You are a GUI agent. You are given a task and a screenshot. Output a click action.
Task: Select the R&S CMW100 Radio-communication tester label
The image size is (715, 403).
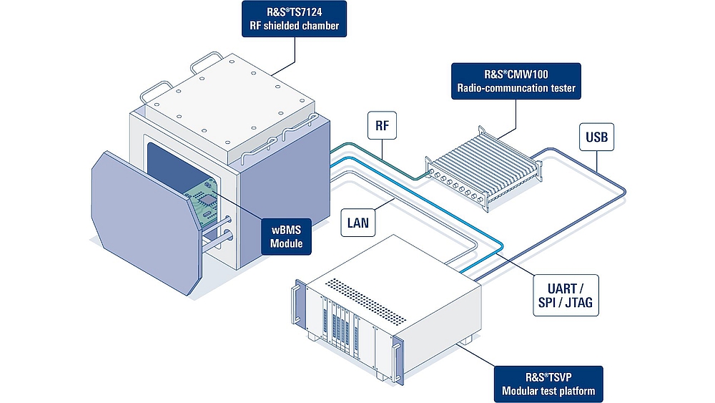516,81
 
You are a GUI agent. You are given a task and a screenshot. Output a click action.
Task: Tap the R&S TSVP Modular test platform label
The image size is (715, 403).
548,384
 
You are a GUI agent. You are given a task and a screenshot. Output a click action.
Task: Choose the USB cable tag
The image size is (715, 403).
596,137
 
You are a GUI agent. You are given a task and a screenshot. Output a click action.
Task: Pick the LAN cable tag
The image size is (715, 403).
357,223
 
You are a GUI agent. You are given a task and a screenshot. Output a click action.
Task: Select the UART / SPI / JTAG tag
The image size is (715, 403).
563,295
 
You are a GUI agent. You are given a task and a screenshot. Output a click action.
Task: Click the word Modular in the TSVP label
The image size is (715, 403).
526,392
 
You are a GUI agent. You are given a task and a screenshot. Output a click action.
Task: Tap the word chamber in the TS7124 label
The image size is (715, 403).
315,27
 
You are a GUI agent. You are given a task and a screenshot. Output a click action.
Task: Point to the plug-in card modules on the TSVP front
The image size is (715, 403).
339,326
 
